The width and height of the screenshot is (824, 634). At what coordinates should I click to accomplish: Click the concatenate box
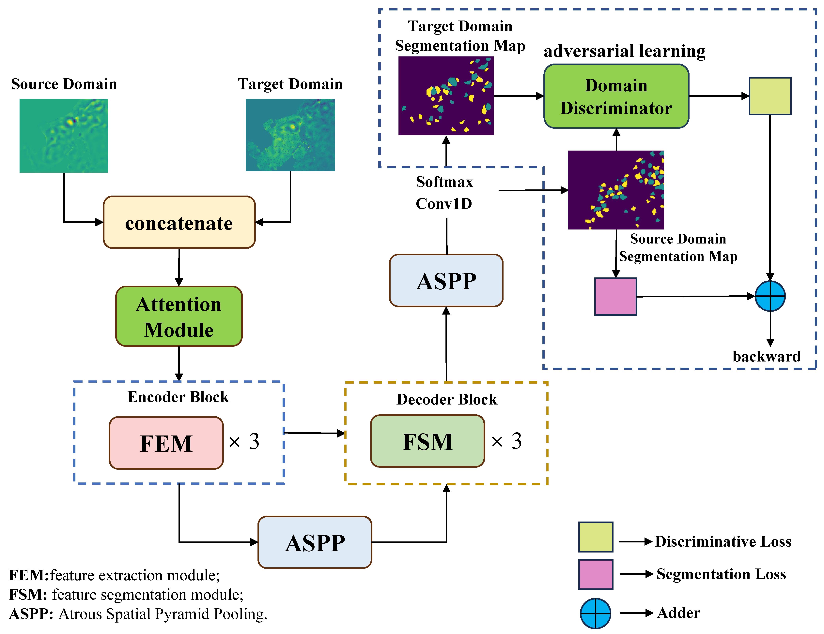(179, 222)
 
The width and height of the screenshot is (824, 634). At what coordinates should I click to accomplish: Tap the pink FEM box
(166, 443)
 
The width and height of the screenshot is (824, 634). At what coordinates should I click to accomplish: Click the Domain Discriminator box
(616, 96)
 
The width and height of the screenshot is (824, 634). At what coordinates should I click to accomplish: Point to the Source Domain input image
(64, 136)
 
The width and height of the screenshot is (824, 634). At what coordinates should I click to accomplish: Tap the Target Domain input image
(290, 135)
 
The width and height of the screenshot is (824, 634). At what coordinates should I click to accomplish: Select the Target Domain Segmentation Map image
(446, 96)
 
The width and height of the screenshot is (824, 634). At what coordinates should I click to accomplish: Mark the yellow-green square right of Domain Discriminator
(770, 96)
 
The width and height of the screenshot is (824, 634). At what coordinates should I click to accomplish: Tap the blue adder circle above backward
(770, 296)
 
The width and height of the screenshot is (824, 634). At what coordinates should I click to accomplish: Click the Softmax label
(444, 182)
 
